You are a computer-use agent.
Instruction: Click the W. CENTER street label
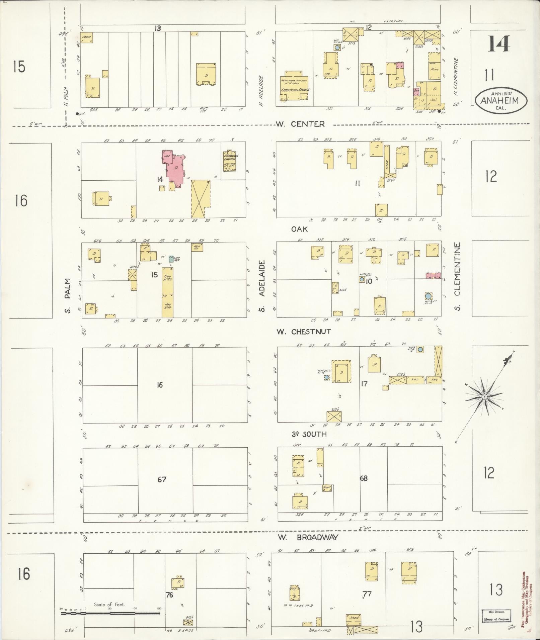point(300,124)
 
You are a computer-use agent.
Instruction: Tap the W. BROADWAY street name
point(308,538)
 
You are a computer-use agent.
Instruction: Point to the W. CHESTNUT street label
point(303,332)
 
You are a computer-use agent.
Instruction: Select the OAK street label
point(299,229)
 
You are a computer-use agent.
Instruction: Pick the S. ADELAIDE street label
point(262,286)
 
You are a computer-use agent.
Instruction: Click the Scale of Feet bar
point(110,614)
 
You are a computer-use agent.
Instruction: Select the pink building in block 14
point(173,168)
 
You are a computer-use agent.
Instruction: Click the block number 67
point(162,479)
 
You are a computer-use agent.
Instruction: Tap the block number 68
point(364,478)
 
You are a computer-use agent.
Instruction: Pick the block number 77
point(367,594)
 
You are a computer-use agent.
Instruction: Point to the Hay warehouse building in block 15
point(167,292)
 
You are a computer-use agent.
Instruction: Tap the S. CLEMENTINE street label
point(457,276)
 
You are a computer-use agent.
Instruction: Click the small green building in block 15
point(171,259)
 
